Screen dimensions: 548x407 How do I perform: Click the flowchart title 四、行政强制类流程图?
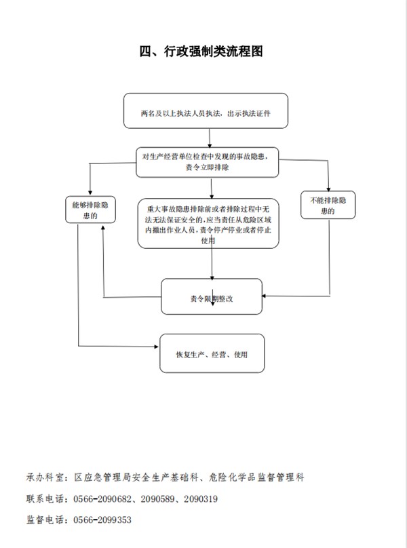[x=204, y=51]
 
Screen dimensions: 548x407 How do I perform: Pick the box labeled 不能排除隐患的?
[x=328, y=206]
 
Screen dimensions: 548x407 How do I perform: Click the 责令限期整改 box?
[x=212, y=296]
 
